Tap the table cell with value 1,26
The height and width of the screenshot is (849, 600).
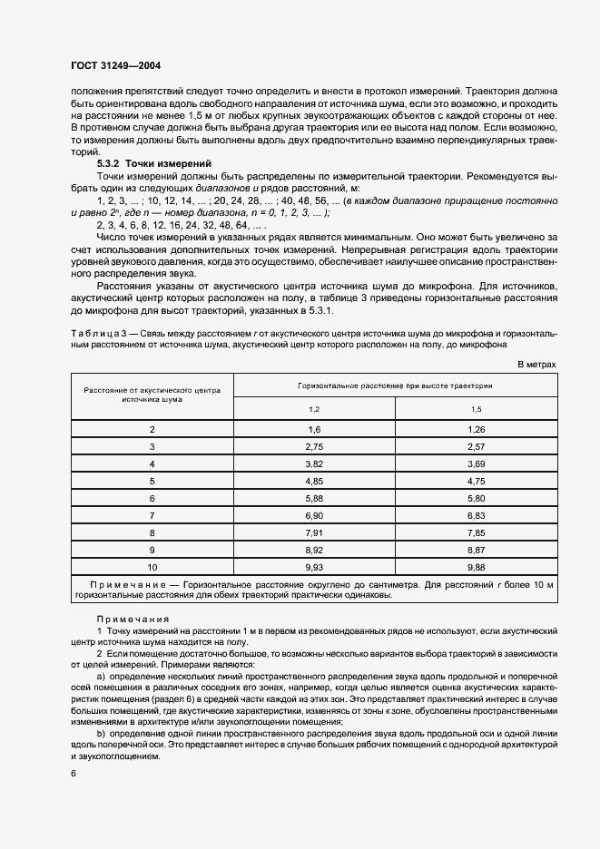click(476, 428)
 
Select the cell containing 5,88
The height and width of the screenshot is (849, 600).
click(315, 498)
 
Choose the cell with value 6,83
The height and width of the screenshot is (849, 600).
click(476, 515)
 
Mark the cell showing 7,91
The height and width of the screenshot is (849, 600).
click(315, 532)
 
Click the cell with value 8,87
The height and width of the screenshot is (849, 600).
click(476, 550)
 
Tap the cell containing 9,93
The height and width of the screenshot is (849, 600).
click(315, 567)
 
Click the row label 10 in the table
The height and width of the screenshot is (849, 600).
click(152, 567)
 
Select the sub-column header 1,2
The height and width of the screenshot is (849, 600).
click(315, 409)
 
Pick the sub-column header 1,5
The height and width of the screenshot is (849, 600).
click(476, 409)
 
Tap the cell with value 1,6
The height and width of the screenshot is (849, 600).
click(315, 428)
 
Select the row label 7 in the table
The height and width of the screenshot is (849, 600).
click(152, 515)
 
